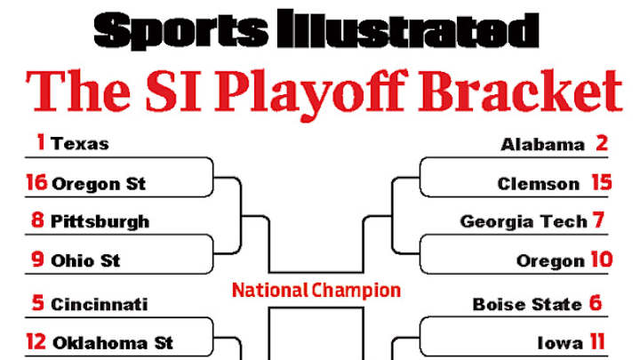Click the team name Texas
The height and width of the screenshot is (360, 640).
(x=80, y=143)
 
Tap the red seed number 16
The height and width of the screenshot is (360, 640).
(x=36, y=183)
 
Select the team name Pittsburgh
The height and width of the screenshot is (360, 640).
(x=100, y=221)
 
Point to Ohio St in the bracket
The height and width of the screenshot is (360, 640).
(x=85, y=261)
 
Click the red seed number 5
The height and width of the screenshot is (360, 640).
(x=37, y=303)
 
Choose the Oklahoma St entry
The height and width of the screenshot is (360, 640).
(x=112, y=342)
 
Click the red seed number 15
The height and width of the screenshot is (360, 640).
(x=602, y=183)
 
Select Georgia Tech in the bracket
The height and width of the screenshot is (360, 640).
(x=524, y=221)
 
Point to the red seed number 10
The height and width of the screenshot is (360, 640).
(x=599, y=261)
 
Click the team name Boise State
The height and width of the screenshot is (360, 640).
(x=527, y=304)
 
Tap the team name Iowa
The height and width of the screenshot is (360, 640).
(x=559, y=342)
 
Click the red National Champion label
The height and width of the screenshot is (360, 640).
(x=316, y=290)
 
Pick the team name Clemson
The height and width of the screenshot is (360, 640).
(x=539, y=184)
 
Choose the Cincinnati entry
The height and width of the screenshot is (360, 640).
(x=100, y=304)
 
